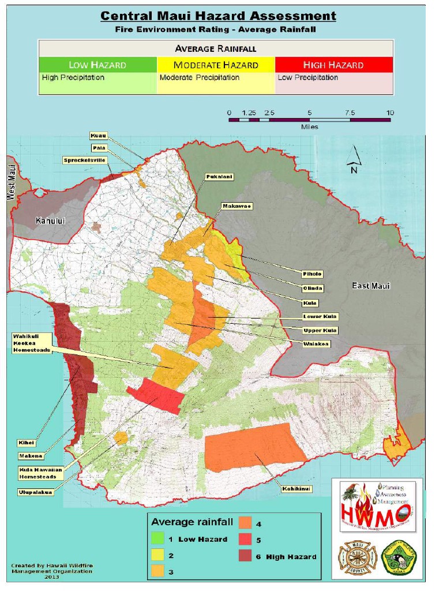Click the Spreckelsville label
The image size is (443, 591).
(85, 160)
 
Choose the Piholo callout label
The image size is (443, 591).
(312, 274)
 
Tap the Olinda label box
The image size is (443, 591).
(313, 288)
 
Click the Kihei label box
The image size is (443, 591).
(27, 443)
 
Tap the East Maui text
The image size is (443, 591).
(371, 286)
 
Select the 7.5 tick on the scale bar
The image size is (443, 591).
(350, 113)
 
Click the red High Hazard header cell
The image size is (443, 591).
(334, 65)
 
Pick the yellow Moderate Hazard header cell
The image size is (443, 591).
(216, 65)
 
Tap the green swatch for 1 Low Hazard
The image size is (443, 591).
(157, 539)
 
